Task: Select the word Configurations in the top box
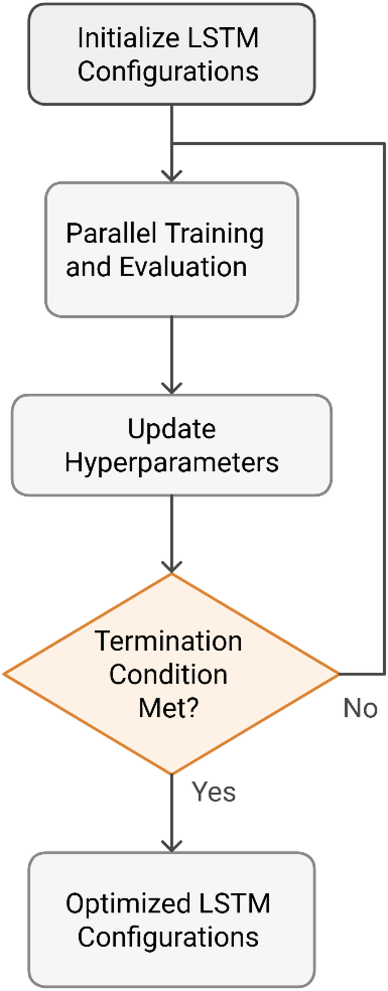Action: [x=168, y=71]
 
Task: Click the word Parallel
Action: [x=111, y=233]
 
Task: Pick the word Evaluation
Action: [x=183, y=267]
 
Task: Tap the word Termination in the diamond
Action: [x=168, y=641]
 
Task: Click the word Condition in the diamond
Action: [x=168, y=674]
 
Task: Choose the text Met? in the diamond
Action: [x=168, y=708]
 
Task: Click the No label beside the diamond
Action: [x=360, y=708]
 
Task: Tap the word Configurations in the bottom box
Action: [x=168, y=937]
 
